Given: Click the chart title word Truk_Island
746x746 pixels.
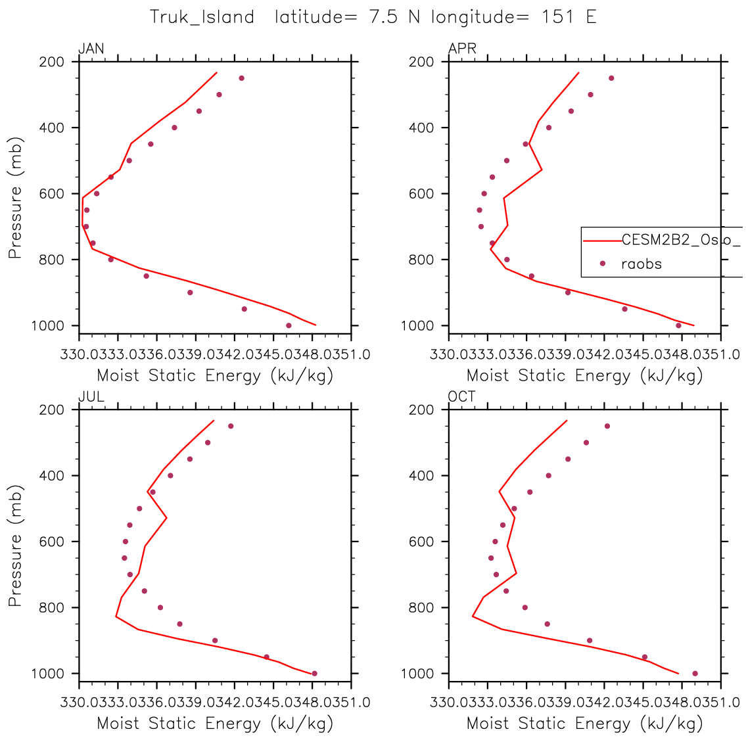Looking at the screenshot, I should click(x=202, y=16).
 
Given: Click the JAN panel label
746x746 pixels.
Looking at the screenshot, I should click(x=91, y=49).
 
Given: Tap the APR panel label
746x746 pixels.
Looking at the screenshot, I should click(x=462, y=49).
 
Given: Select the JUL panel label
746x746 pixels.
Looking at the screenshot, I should click(x=91, y=396).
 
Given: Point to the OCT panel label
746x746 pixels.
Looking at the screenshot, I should click(x=462, y=396).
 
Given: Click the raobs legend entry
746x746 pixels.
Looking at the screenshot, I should click(x=641, y=264).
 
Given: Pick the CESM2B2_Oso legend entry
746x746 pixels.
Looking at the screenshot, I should click(x=680, y=241).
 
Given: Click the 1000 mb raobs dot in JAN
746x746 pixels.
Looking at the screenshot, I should click(x=289, y=325).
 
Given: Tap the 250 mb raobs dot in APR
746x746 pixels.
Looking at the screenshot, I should click(x=611, y=78).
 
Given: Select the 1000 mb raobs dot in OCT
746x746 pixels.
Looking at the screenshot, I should click(x=695, y=673).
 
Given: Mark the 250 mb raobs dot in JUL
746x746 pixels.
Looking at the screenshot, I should click(x=231, y=426).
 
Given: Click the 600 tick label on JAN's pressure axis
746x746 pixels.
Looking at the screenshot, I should click(x=52, y=194).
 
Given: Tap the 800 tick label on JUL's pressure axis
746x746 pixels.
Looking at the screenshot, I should click(x=52, y=607).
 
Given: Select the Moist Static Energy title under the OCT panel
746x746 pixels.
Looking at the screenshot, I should click(x=584, y=724).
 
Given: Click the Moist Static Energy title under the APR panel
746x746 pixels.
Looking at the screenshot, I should click(x=584, y=376).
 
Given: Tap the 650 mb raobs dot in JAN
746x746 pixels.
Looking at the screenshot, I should click(x=87, y=210).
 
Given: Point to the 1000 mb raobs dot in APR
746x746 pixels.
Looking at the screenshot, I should click(x=678, y=325).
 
